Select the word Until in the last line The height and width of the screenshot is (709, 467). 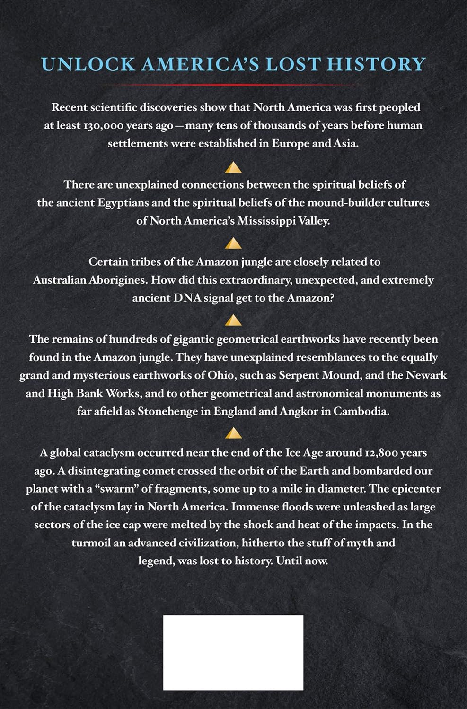click(x=290, y=561)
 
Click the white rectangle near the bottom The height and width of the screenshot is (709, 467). click(x=233, y=652)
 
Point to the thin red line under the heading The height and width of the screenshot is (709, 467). click(x=233, y=85)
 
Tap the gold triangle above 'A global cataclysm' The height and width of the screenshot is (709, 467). click(x=233, y=433)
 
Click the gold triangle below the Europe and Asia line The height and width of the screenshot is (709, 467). click(x=233, y=167)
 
